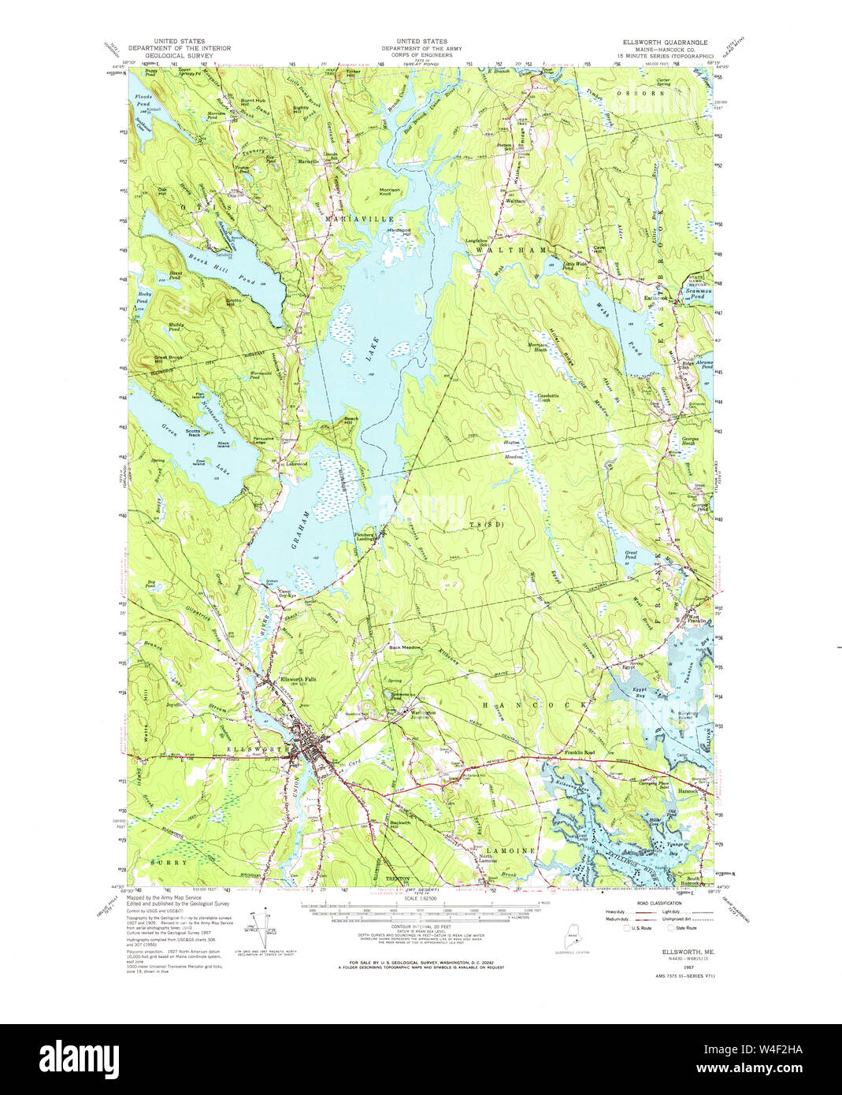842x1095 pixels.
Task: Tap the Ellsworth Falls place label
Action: (x=299, y=681)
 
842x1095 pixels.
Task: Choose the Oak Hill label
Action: (x=163, y=191)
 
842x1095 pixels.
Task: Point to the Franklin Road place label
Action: (x=579, y=753)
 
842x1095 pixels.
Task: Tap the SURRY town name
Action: (x=169, y=863)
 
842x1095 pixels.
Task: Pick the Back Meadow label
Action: (x=405, y=648)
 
